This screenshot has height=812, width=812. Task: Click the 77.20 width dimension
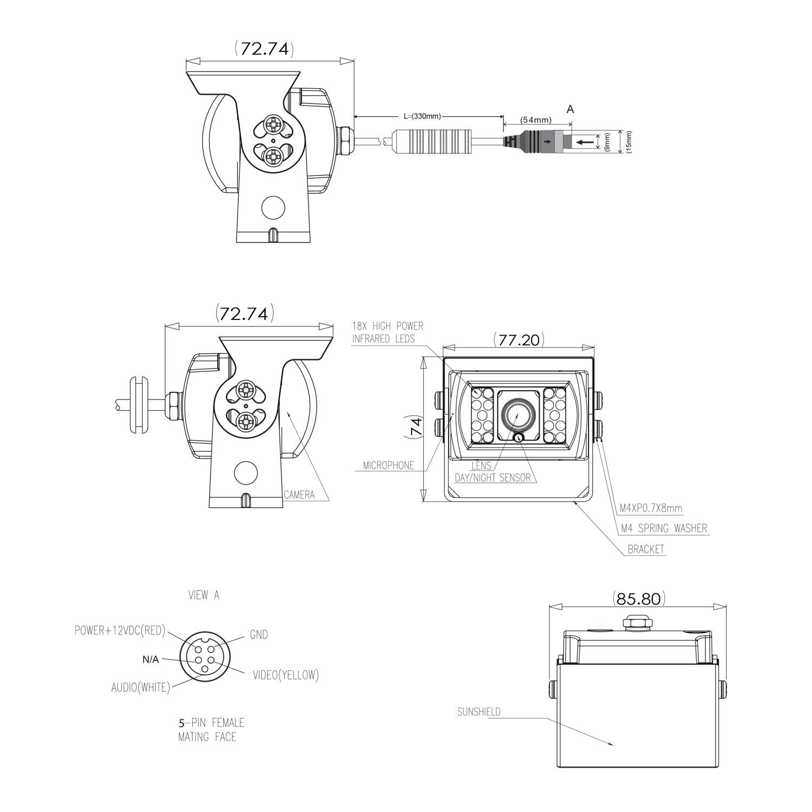[x=519, y=340]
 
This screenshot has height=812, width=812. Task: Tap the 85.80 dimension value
[x=639, y=599]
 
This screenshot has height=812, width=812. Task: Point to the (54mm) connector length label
[x=536, y=120]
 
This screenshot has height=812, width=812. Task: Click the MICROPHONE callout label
[x=388, y=466]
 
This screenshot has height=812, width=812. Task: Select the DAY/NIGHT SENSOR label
[x=493, y=478]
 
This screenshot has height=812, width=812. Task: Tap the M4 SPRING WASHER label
[x=664, y=528]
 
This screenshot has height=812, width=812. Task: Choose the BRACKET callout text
[x=646, y=549]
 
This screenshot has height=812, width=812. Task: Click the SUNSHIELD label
[x=479, y=712]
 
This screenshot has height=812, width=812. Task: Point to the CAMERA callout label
[x=299, y=495]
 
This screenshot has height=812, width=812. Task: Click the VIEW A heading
[x=204, y=595]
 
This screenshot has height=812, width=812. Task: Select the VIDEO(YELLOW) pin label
[x=285, y=675]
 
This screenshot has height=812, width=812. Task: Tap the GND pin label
[x=259, y=634]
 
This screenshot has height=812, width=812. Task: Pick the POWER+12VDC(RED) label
[x=120, y=631]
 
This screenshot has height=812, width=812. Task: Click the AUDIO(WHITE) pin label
[x=141, y=687]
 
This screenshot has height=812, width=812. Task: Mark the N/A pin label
[x=150, y=659]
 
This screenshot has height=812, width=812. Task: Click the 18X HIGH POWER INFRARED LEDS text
[x=388, y=332]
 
